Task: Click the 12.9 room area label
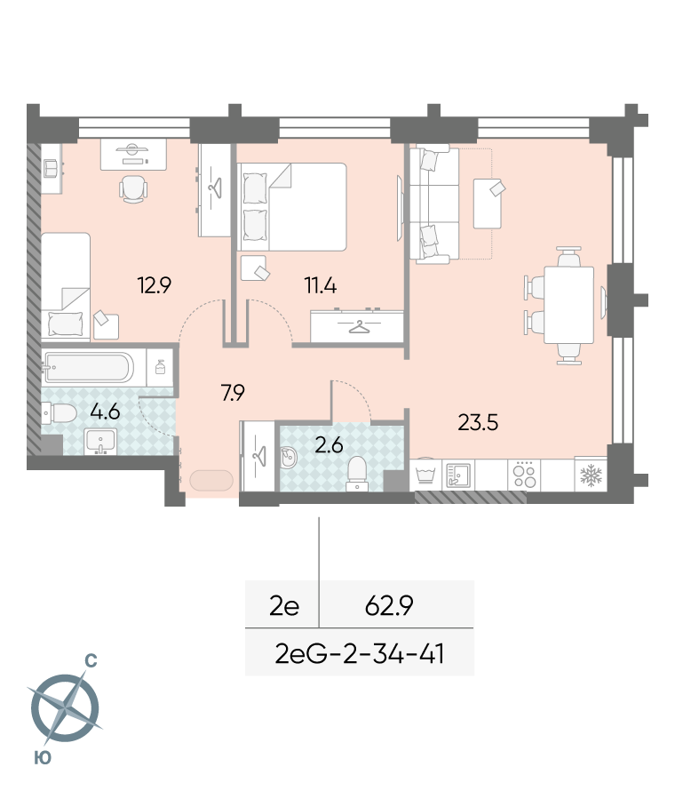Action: click(155, 285)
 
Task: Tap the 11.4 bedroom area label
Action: click(321, 285)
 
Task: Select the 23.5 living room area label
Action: click(478, 422)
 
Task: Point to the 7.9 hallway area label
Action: click(233, 392)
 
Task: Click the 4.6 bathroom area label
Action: click(105, 411)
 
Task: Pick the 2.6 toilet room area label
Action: click(329, 445)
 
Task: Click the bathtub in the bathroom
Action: click(89, 367)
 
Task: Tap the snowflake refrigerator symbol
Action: click(591, 475)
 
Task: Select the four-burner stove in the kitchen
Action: click(524, 475)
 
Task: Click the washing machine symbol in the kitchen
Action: click(426, 474)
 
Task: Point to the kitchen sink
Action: click(458, 475)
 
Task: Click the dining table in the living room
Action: click(568, 305)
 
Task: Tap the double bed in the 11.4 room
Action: click(291, 207)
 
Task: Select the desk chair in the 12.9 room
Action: click(133, 189)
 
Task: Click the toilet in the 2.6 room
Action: click(357, 473)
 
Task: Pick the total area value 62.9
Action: click(389, 605)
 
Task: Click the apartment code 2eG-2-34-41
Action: click(360, 654)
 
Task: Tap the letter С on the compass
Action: click(91, 660)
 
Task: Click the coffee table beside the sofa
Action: click(487, 204)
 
